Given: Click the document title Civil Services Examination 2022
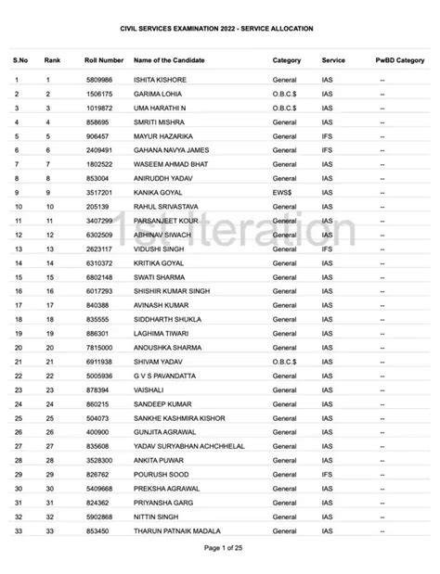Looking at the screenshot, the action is [219, 30].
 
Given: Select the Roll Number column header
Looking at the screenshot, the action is [104, 59].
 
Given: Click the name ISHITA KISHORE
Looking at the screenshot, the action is [161, 81].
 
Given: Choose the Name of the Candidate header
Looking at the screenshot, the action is [174, 59].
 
